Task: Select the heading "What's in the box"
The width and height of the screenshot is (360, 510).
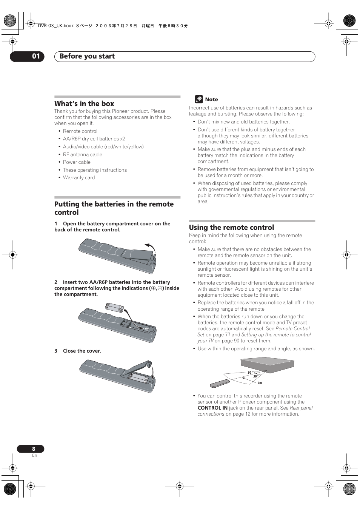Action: [84, 104]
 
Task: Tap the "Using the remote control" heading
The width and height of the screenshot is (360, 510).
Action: [231, 228]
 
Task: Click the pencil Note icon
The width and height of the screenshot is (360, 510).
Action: [199, 99]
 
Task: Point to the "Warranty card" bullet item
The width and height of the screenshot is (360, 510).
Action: [79, 178]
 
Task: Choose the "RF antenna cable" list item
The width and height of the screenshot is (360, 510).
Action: [82, 154]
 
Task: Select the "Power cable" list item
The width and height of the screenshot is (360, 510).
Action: [77, 162]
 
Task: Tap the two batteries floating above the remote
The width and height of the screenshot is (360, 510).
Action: [114, 308]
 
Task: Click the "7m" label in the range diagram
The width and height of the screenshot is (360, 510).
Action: [260, 383]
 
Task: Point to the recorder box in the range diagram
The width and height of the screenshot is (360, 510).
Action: [267, 365]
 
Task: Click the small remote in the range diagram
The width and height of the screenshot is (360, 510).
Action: [220, 384]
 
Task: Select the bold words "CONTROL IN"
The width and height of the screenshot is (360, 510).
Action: [212, 408]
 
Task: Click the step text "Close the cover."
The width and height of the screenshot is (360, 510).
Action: [82, 351]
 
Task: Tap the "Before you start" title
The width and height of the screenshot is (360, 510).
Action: [87, 56]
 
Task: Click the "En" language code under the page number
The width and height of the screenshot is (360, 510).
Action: [34, 456]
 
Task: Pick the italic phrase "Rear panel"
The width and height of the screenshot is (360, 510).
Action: [301, 408]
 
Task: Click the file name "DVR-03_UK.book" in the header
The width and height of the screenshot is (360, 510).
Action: [56, 26]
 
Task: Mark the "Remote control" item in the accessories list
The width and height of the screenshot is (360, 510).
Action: [80, 131]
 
